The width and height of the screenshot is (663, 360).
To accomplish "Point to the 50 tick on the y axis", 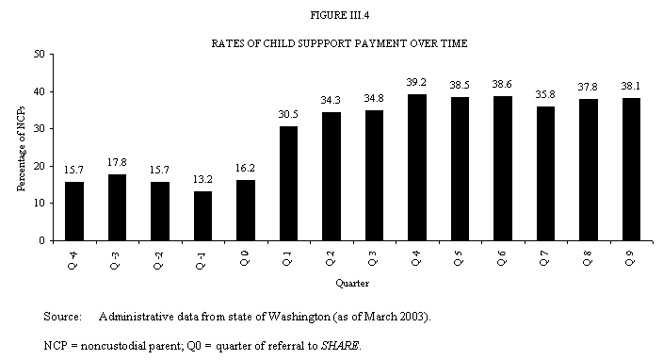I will (40, 55).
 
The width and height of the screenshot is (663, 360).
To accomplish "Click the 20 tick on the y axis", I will (40, 166).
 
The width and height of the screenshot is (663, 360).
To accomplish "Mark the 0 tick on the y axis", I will (43, 240).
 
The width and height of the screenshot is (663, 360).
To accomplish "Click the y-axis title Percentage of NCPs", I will (20, 147).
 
